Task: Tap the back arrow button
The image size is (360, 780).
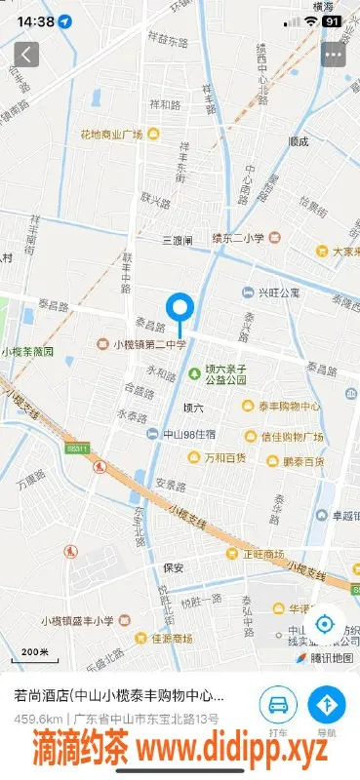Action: [26, 55]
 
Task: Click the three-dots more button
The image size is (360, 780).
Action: [334, 55]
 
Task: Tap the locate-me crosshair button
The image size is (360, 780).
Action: [325, 625]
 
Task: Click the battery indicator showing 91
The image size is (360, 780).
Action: [333, 20]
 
